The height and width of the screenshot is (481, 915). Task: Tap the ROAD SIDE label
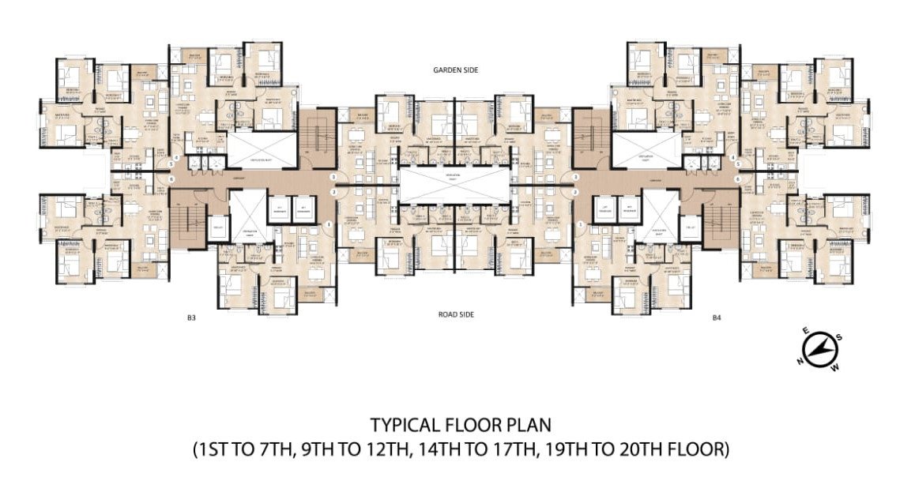click(x=456, y=314)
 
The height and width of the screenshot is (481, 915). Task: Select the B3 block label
click(x=191, y=318)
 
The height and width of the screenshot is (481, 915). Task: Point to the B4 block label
click(x=717, y=318)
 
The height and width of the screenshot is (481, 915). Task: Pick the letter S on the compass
click(x=839, y=337)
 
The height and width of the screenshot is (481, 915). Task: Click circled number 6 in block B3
click(x=171, y=178)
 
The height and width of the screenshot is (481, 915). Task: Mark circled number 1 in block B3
click(x=328, y=225)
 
